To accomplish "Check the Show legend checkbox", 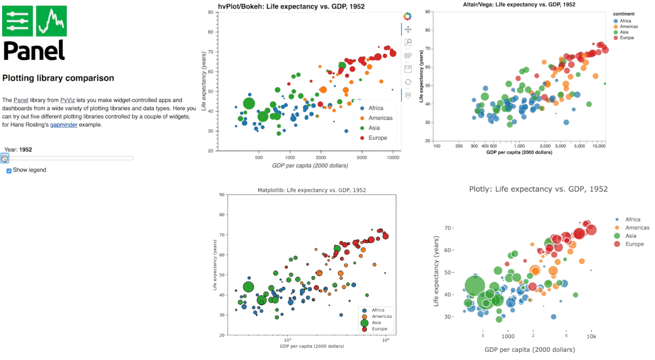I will click(x=9, y=171).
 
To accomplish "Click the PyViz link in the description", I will click(x=67, y=100).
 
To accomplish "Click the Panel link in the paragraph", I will click(x=21, y=100).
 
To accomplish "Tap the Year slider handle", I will click(x=5, y=158).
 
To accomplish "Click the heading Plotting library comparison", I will click(x=58, y=78).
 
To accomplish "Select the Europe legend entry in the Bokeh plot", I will click(x=377, y=138).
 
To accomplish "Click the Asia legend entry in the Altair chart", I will click(x=624, y=32).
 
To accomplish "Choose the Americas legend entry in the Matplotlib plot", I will click(x=382, y=316).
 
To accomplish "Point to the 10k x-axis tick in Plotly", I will click(x=591, y=337).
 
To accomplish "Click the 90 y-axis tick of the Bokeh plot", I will click(x=210, y=13).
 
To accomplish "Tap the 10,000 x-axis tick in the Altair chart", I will click(x=599, y=146).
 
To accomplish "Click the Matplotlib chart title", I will click(x=312, y=190).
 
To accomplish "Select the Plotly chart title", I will click(x=538, y=189).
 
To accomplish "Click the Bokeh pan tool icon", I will click(x=408, y=29).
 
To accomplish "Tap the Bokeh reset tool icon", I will click(x=408, y=82).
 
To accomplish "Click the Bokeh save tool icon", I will click(x=408, y=69).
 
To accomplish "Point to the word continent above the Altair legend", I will click(x=623, y=14).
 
